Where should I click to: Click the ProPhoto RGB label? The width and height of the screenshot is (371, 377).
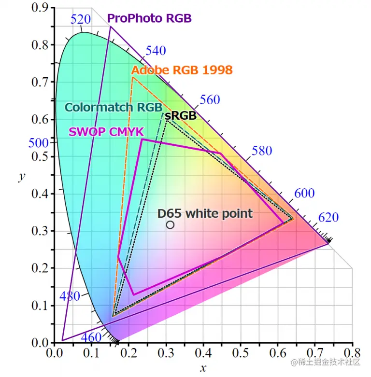(149, 18)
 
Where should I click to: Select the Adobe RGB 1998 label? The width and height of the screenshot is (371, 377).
(182, 70)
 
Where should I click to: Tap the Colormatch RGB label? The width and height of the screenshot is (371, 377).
(114, 107)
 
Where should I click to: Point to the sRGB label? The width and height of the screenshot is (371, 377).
(181, 116)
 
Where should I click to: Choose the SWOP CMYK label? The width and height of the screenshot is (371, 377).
(106, 132)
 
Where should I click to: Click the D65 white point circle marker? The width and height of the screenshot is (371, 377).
(170, 225)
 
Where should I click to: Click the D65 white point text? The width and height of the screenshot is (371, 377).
(205, 213)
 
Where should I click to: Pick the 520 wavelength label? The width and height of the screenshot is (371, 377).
(81, 19)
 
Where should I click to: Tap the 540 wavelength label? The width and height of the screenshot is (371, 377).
(156, 51)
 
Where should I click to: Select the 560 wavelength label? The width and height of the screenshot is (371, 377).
(210, 100)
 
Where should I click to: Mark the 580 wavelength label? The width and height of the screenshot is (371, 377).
(262, 151)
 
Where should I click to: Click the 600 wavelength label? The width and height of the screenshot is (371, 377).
(304, 193)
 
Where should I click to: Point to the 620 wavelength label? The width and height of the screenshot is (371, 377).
(328, 217)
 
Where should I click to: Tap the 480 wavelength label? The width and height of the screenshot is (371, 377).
(70, 296)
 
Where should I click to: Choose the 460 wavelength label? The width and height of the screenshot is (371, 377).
(91, 337)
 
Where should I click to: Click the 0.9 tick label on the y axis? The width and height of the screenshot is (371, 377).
(40, 8)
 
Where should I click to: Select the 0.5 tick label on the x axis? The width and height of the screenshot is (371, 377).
(241, 353)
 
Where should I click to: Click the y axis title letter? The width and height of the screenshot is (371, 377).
(22, 177)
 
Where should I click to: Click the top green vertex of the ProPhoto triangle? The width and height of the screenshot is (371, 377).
(111, 27)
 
